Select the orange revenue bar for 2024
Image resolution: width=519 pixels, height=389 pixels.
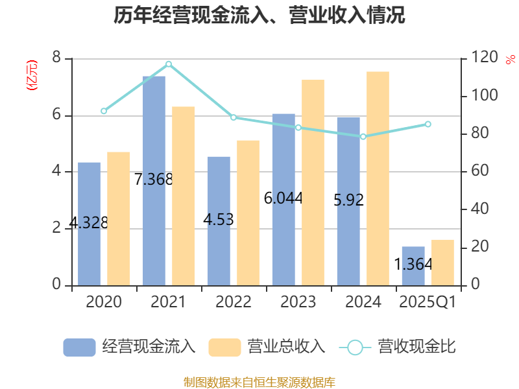click(378, 178)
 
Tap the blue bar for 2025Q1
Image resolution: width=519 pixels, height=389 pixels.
click(413, 266)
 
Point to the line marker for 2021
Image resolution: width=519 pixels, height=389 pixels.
click(169, 64)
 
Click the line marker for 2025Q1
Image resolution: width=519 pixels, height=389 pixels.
click(428, 124)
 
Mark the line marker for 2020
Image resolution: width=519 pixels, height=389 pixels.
click(104, 112)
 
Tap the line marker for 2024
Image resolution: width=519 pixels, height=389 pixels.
click(363, 136)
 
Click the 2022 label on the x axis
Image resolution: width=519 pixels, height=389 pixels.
click(233, 302)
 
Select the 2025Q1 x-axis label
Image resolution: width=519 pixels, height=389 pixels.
click(428, 302)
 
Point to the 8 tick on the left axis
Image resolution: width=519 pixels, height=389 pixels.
click(56, 58)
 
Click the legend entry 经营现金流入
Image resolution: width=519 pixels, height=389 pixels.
click(129, 347)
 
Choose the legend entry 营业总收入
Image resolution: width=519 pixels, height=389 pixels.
click(266, 347)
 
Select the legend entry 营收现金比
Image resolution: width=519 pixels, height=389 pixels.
click(397, 347)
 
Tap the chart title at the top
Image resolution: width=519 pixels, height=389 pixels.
click(259, 16)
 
